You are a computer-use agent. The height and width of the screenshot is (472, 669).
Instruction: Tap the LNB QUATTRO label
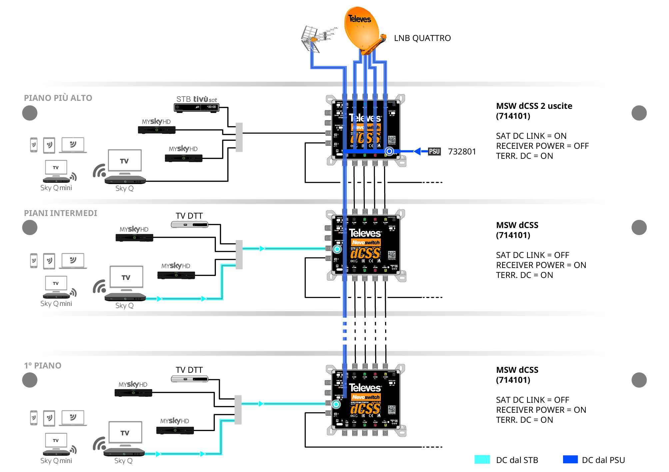422,38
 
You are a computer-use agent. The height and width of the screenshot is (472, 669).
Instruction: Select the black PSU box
434,151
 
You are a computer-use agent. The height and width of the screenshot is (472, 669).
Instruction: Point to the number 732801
462,152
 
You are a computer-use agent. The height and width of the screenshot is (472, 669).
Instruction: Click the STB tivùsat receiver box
196,107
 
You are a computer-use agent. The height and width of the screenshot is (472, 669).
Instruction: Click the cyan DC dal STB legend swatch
482,460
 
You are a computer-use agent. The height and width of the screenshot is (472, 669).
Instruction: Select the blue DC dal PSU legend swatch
570,460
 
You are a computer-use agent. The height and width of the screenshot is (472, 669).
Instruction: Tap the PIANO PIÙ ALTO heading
58,98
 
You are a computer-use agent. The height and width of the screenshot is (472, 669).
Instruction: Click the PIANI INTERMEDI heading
60,213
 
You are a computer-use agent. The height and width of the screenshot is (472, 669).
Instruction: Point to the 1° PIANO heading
43,366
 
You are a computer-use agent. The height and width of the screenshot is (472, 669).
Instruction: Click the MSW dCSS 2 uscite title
534,106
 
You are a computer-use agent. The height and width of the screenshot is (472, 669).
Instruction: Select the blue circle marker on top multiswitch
389,151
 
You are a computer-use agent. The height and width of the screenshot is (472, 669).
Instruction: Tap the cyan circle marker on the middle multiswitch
337,249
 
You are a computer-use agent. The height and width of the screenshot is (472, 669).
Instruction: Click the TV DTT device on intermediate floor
190,225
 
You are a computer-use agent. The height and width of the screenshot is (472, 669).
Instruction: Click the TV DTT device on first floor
190,379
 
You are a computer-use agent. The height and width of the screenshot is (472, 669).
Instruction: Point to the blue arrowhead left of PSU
417,151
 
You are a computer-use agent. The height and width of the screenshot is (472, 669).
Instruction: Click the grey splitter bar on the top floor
239,137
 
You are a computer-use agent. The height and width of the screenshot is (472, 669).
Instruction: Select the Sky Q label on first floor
123,461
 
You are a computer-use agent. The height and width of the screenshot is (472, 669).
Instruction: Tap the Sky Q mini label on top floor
56,188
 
